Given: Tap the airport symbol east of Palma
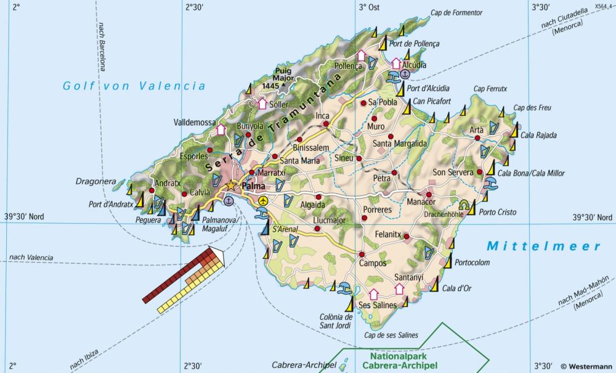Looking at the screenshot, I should click(x=264, y=201).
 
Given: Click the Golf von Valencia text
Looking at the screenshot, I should click(x=134, y=86).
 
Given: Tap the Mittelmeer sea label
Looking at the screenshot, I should click(x=543, y=246).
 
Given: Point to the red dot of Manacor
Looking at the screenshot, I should click(x=429, y=195).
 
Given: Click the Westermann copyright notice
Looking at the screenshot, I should click(x=586, y=366).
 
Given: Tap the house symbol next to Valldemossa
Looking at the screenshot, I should click(x=221, y=129).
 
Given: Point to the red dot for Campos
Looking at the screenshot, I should click(x=362, y=254).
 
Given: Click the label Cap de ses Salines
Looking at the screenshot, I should click(x=391, y=335).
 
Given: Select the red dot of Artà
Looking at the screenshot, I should click(x=477, y=138).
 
